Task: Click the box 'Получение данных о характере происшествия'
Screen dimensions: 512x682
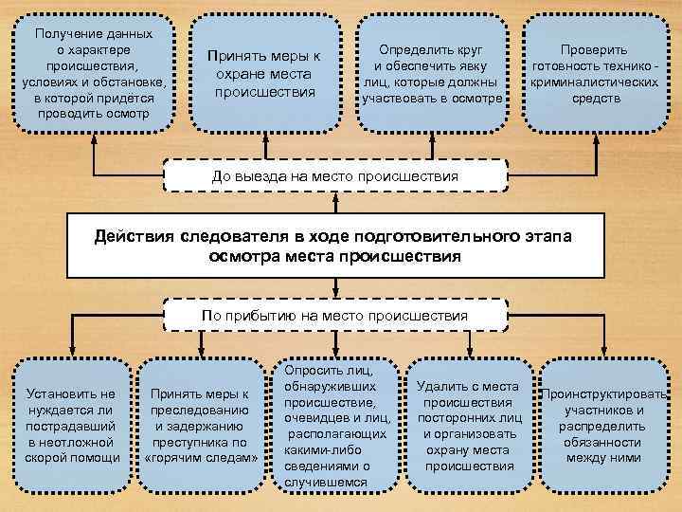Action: [93, 72]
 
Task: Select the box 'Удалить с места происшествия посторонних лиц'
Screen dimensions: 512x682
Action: [467, 426]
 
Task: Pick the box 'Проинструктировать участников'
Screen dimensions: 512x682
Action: [604, 426]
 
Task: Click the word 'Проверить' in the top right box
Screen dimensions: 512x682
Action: [593, 49]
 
